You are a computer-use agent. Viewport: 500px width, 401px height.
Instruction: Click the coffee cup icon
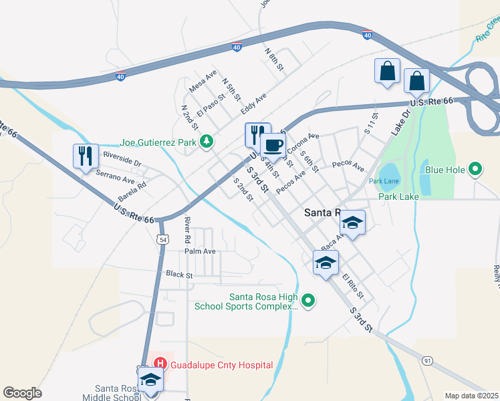[272, 146]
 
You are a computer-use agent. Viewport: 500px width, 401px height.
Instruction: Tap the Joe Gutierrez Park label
[160, 142]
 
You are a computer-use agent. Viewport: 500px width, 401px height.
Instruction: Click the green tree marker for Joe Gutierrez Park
[208, 141]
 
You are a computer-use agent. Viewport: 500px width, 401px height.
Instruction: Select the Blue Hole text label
[445, 170]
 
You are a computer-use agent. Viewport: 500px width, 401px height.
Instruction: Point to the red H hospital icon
[160, 364]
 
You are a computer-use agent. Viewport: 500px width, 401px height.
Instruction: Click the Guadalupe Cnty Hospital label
[222, 365]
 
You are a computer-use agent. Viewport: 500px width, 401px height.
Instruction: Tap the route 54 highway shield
[162, 239]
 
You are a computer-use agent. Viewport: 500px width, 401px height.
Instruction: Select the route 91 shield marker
[428, 361]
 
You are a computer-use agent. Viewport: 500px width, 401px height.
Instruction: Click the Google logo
[22, 393]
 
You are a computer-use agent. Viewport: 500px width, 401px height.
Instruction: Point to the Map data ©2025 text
[471, 395]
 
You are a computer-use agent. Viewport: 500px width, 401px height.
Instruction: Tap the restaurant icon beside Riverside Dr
[86, 156]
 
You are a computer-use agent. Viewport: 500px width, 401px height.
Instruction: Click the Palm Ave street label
[201, 251]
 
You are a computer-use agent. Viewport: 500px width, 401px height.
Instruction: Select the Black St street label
[179, 274]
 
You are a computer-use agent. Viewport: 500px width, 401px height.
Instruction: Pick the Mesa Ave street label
[203, 82]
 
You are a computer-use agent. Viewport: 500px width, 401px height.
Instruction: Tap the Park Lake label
[398, 196]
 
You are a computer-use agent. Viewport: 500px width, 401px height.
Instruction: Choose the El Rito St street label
[352, 285]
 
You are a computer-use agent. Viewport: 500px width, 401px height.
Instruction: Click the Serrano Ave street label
[115, 175]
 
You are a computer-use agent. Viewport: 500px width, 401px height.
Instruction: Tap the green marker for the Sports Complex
[308, 301]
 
